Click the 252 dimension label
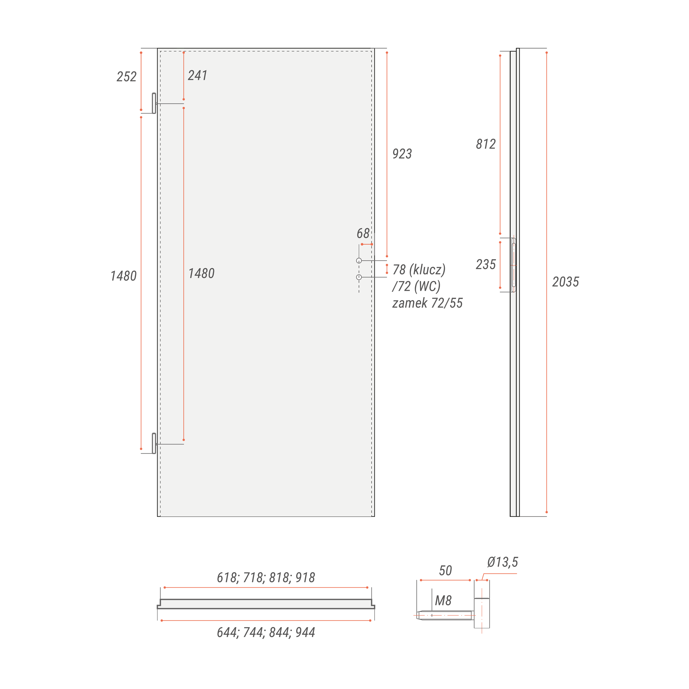click(127, 77)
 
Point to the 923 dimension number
click(402, 154)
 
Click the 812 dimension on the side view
click(486, 144)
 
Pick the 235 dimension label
click(486, 264)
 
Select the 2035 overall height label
click(566, 282)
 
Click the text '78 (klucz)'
click(419, 270)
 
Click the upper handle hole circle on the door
click(359, 261)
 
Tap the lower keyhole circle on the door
click(359, 277)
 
